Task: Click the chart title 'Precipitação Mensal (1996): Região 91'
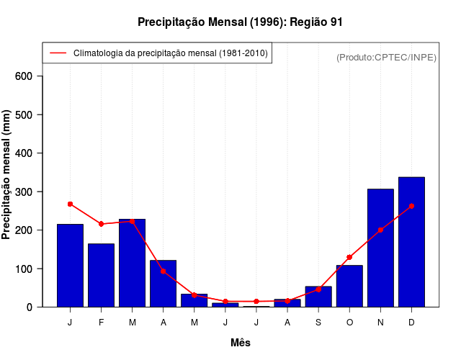tap(240, 22)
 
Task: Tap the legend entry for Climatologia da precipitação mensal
tap(157, 53)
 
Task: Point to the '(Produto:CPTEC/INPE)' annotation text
tap(386, 57)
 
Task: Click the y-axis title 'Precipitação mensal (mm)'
tap(7, 175)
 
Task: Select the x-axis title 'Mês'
tap(241, 343)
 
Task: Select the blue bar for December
tap(411, 242)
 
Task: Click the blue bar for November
tap(380, 248)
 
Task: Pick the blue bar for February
tap(101, 275)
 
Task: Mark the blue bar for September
tap(318, 297)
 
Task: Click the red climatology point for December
tap(411, 206)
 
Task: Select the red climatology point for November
tap(380, 230)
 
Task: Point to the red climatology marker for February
tap(101, 224)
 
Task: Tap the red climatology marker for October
tap(349, 257)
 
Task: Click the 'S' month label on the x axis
tap(318, 323)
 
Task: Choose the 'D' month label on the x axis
tap(411, 323)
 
